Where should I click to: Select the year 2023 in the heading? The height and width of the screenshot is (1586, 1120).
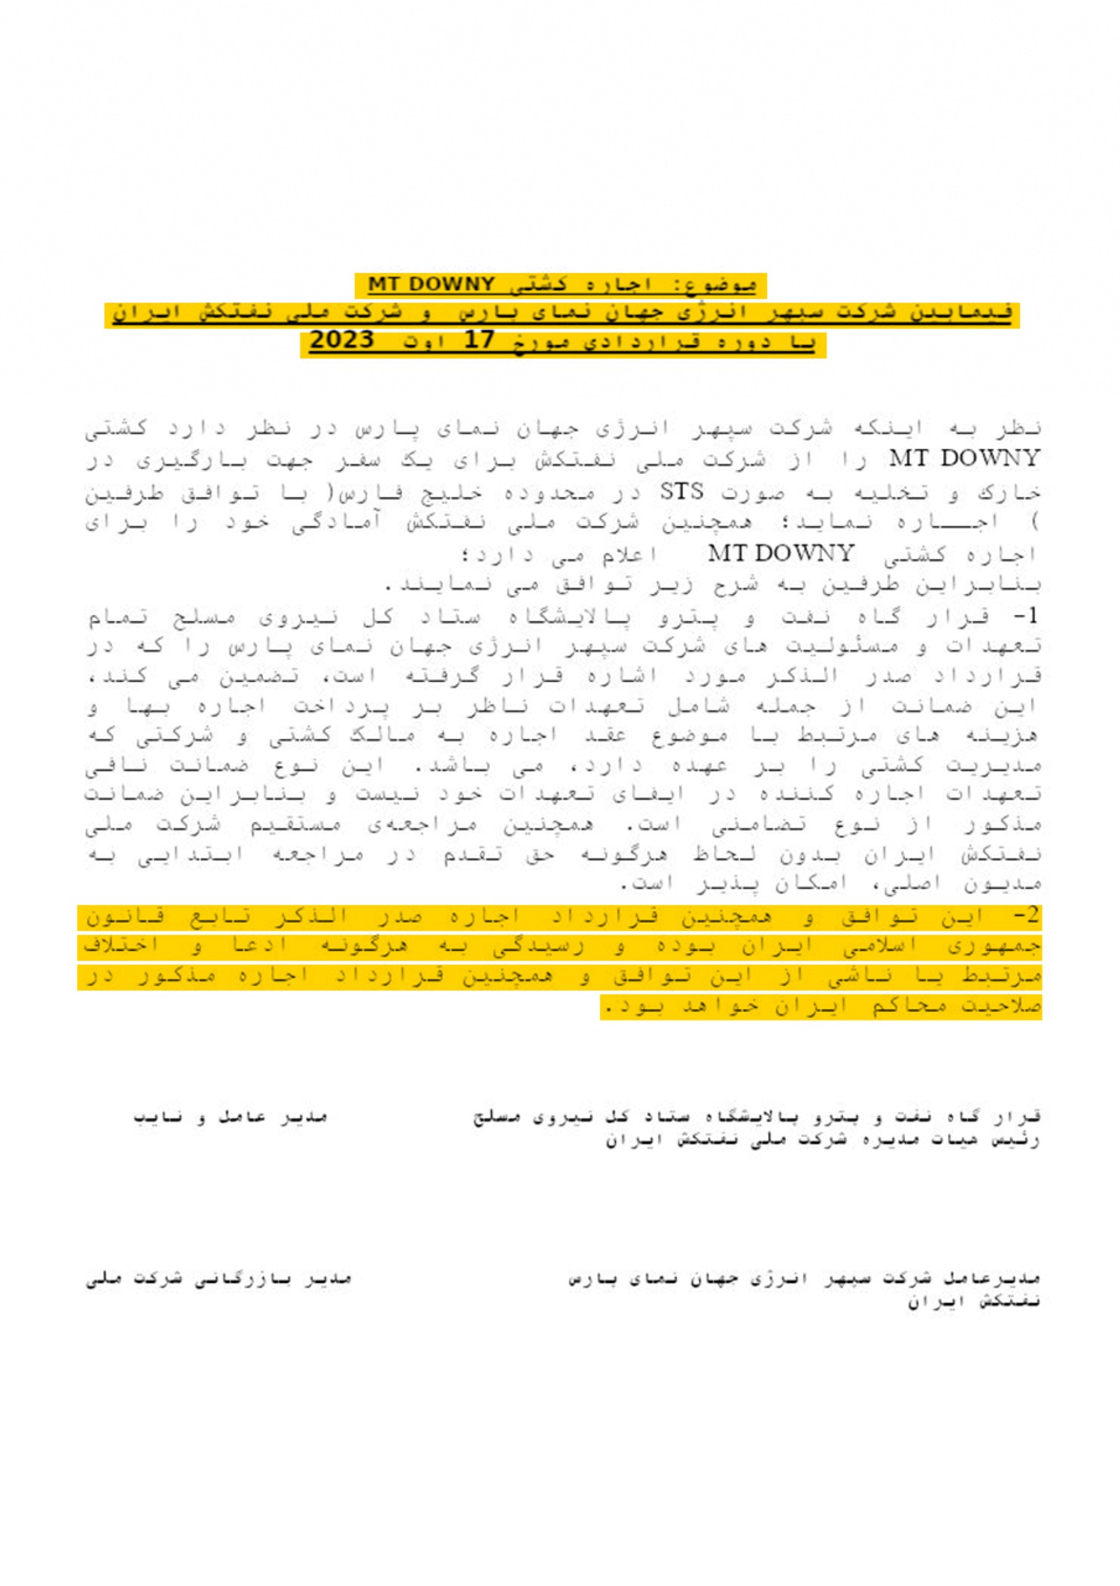point(342,341)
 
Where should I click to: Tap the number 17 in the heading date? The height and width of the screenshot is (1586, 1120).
point(480,341)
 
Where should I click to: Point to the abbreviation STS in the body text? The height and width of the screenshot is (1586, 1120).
point(682,492)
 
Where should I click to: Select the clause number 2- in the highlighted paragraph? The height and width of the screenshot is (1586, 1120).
point(1026,917)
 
